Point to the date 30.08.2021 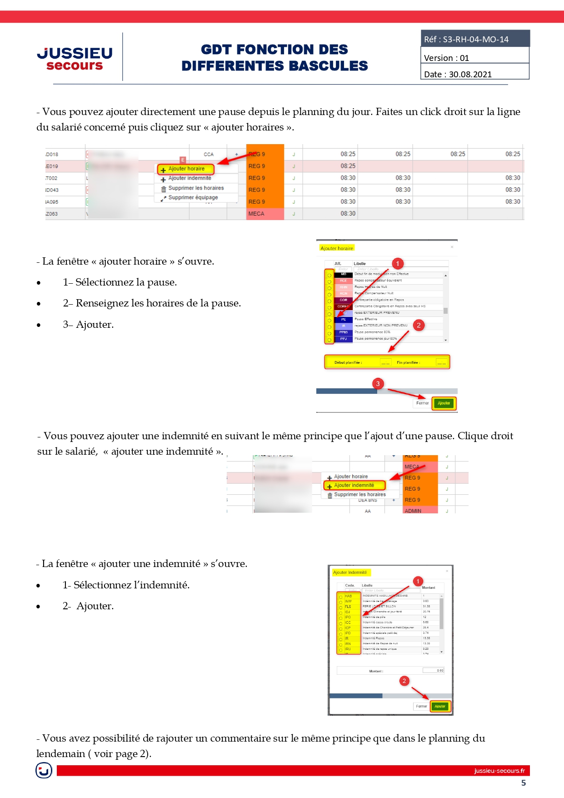click(470, 75)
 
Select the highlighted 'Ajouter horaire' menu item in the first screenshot click(186, 169)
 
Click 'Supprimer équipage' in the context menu click(193, 198)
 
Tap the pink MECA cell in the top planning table click(265, 214)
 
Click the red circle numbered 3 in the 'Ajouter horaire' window click(378, 384)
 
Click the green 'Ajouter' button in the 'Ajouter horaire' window click(444, 403)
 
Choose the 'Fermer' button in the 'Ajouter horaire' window click(422, 403)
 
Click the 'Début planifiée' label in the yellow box click(348, 362)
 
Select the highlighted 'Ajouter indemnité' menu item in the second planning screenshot click(354, 486)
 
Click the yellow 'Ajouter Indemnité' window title click(350, 572)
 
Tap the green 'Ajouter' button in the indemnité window click(440, 707)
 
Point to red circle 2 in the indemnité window click(404, 681)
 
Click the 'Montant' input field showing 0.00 click(433, 671)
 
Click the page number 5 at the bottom click(524, 783)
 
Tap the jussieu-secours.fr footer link click(499, 771)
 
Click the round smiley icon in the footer click(44, 770)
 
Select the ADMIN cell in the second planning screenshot click(413, 511)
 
